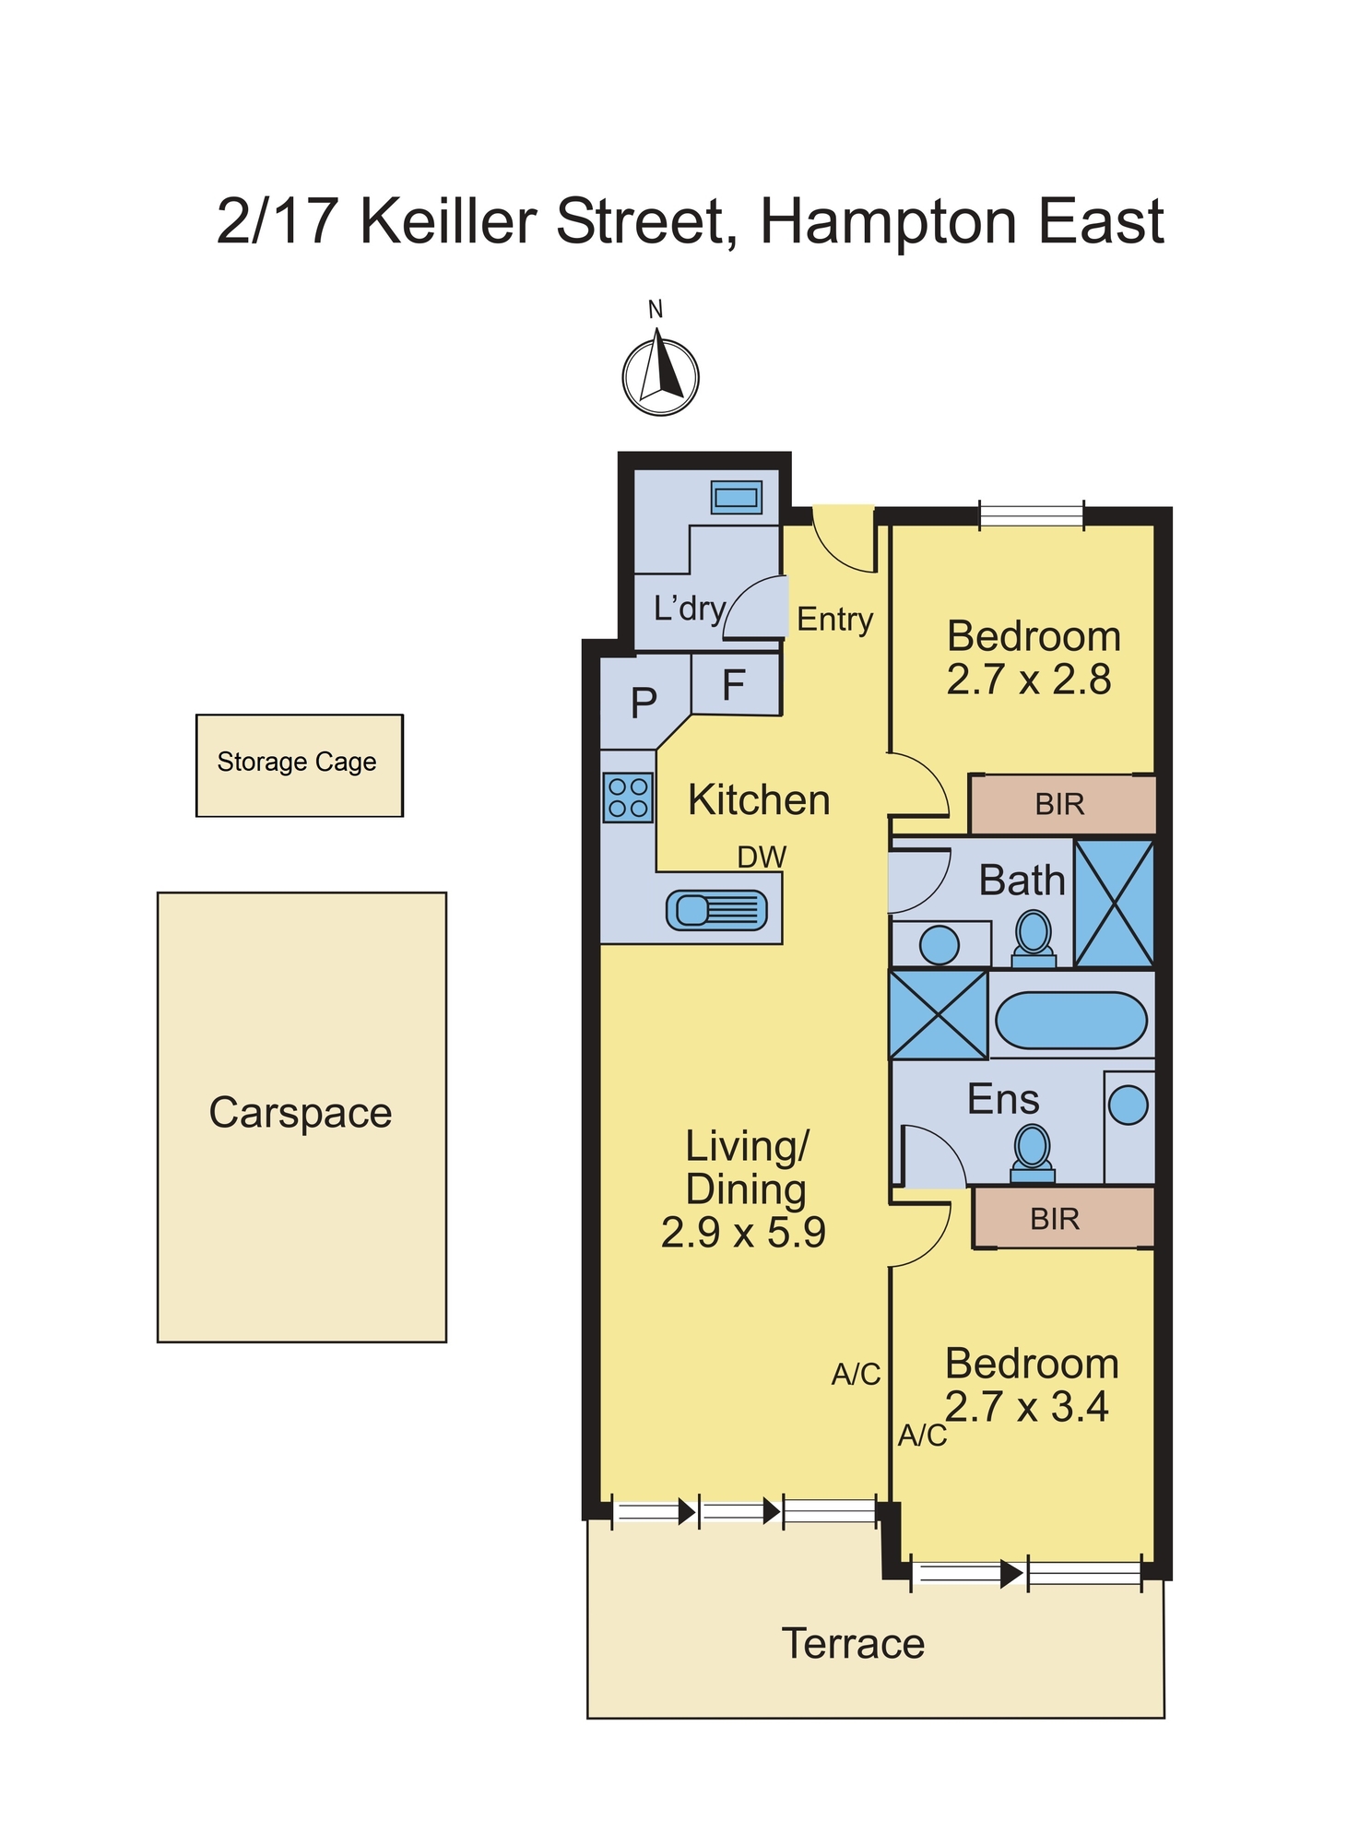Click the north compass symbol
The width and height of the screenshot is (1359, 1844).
pyautogui.click(x=660, y=376)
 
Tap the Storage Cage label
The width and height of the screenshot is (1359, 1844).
pyautogui.click(x=297, y=762)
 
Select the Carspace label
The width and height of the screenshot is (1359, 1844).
pyautogui.click(x=301, y=1113)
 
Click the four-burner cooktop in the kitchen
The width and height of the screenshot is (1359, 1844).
pyautogui.click(x=628, y=798)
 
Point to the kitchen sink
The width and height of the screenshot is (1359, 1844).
pyautogui.click(x=716, y=911)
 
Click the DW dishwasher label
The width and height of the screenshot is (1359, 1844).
pyautogui.click(x=762, y=857)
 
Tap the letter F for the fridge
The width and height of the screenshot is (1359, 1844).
pyautogui.click(x=734, y=685)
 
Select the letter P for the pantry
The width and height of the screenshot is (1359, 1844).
pyautogui.click(x=644, y=703)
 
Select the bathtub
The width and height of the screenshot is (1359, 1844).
pyautogui.click(x=1070, y=1020)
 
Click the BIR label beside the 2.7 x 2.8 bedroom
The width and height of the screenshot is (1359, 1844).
pyautogui.click(x=1059, y=805)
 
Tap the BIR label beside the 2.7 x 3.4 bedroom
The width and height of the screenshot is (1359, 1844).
pyautogui.click(x=1055, y=1219)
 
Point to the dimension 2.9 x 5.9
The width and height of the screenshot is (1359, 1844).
pyautogui.click(x=743, y=1233)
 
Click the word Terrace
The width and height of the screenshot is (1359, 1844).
pyautogui.click(x=853, y=1644)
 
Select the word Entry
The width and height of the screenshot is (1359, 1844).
pyautogui.click(x=834, y=620)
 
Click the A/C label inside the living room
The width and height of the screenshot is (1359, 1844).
pyautogui.click(x=856, y=1375)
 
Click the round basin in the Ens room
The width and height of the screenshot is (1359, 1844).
pyautogui.click(x=1128, y=1105)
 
